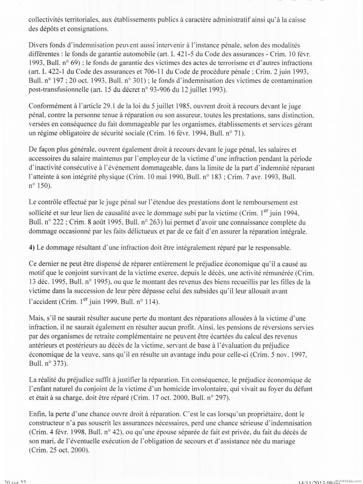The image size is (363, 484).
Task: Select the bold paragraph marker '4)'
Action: point(31,248)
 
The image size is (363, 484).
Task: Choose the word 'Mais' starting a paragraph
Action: point(35,319)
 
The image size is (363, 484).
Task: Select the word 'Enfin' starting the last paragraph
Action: point(36,414)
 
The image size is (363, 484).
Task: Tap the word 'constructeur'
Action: point(47,423)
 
